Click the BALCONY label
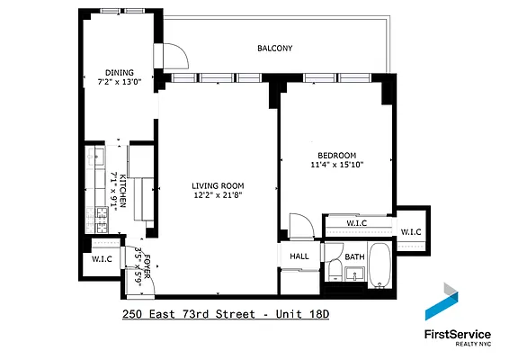pos(275,48)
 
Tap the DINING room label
pos(120,73)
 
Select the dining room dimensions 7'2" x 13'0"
pos(120,82)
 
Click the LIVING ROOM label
pos(218,185)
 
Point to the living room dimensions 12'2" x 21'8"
pos(218,195)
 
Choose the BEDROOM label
pos(337,155)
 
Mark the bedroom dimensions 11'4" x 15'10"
pos(337,165)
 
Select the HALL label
pos(299,256)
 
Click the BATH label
pos(355,256)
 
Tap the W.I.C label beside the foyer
pos(103,259)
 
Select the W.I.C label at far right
pos(411,232)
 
